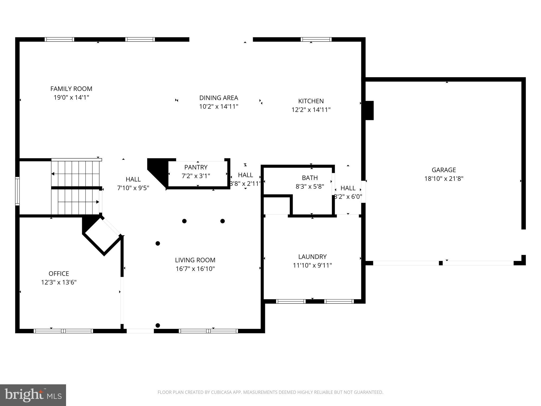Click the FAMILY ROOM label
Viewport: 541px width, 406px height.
point(71,89)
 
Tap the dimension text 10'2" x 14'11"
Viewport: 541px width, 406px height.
point(218,107)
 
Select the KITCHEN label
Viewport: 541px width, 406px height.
point(311,101)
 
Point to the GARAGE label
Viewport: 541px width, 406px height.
point(444,170)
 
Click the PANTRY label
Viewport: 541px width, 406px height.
point(196,167)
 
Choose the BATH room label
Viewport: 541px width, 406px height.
point(310,178)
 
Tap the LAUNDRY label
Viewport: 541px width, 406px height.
point(312,257)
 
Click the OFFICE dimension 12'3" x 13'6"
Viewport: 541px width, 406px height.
point(59,282)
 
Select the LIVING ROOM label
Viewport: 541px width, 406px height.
point(195,260)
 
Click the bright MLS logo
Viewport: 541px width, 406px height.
point(33,395)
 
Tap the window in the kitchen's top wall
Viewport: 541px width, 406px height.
point(316,40)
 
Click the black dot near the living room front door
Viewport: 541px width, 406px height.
point(158,325)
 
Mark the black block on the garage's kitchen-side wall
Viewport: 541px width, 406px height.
point(369,110)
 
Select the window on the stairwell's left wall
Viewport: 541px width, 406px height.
point(17,191)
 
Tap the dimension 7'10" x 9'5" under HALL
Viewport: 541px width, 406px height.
point(133,188)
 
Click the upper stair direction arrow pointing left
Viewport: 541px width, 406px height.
point(53,174)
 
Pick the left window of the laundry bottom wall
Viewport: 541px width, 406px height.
point(291,301)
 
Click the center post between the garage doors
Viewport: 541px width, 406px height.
point(441,263)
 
